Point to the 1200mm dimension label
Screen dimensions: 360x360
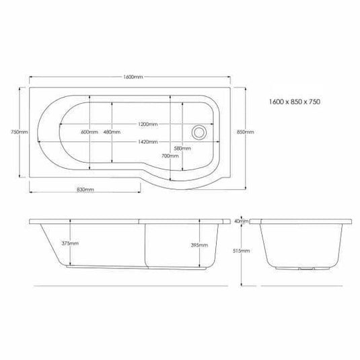[x=148, y=124]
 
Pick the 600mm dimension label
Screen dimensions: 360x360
[x=89, y=133]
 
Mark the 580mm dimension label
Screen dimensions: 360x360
[x=181, y=147]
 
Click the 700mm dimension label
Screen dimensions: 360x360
[x=170, y=156]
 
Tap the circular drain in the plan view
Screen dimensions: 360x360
[x=200, y=133]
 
